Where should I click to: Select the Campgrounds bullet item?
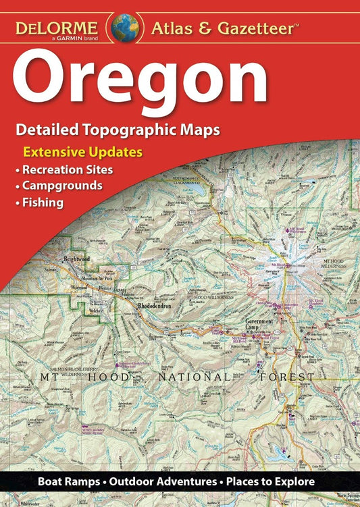coord(63,185)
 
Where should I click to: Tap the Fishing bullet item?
coord(45,201)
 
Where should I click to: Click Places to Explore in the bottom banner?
coord(277,482)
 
